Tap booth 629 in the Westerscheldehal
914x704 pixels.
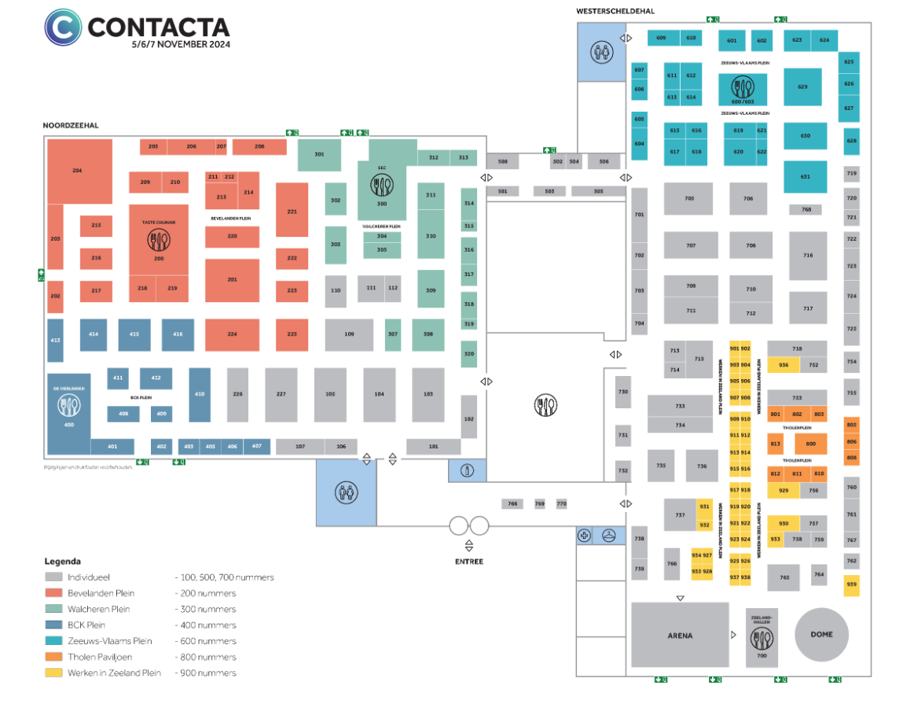[802, 87]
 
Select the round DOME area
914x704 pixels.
[821, 634]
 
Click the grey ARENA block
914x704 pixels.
[679, 636]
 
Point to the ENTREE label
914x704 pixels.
[468, 562]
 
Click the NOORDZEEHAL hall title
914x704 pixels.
[71, 125]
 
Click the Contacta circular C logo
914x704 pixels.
[62, 28]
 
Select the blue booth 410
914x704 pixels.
[200, 394]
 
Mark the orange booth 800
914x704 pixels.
[810, 444]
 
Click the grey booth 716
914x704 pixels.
[808, 256]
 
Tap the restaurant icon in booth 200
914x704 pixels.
[159, 242]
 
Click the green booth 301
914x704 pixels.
[319, 154]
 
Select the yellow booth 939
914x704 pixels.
[851, 584]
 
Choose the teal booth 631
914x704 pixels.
[805, 177]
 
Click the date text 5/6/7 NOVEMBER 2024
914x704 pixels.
[181, 45]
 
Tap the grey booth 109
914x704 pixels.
[349, 334]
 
